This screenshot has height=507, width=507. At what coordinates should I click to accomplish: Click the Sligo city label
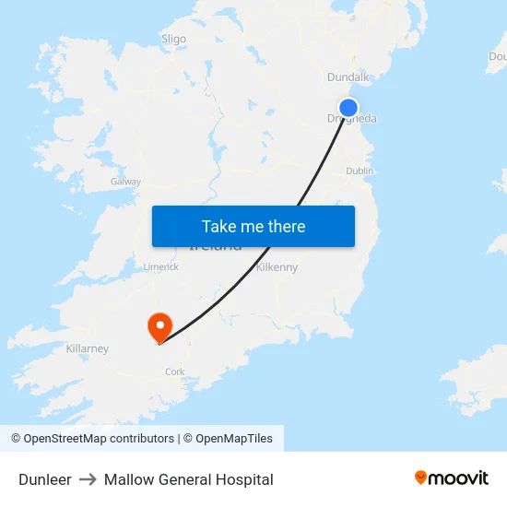pos(173,39)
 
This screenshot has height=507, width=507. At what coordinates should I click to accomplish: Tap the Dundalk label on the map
pos(348,77)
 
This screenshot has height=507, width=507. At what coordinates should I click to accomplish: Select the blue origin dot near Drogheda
pos(348,108)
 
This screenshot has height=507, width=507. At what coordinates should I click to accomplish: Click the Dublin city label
pos(360,171)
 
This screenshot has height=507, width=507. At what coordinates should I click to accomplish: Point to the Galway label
pos(125,182)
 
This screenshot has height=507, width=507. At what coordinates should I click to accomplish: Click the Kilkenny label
pos(277,267)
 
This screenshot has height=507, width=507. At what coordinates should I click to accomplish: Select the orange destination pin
pos(159,325)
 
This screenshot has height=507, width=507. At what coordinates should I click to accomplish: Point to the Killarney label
pos(88,348)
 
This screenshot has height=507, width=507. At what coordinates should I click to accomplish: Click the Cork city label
pos(174,371)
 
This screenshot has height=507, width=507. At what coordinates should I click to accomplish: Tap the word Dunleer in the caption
pos(45,479)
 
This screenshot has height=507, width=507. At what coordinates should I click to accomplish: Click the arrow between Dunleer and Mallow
pos(88,479)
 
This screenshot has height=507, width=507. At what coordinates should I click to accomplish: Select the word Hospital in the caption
pos(244,479)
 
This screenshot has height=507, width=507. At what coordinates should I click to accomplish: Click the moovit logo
pos(451,478)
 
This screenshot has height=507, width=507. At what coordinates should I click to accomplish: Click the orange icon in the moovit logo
pos(421,478)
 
